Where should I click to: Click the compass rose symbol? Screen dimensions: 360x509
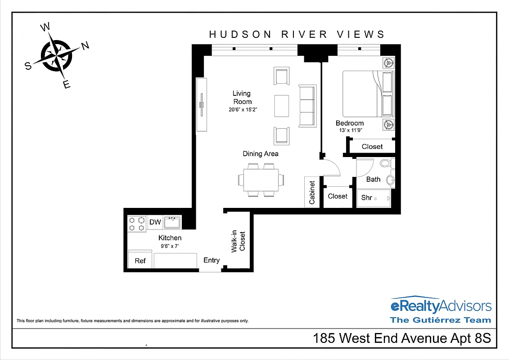(x=56, y=55)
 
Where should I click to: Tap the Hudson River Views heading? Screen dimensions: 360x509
(x=297, y=35)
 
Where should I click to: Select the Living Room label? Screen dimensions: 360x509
(x=242, y=97)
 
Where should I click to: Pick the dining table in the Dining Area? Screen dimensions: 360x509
(x=261, y=180)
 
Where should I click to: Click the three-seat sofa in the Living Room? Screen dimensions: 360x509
(x=307, y=106)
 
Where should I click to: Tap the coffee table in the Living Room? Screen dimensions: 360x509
(x=282, y=106)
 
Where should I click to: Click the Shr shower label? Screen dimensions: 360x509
(x=366, y=198)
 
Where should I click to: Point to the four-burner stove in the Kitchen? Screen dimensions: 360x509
(x=137, y=223)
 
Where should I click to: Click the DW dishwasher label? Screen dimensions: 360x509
(x=155, y=222)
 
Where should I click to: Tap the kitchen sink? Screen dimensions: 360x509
(x=172, y=222)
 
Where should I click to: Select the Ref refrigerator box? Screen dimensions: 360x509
(x=140, y=261)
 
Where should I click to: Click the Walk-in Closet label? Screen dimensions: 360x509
(x=238, y=242)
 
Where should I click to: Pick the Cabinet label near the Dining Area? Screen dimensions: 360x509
(x=312, y=193)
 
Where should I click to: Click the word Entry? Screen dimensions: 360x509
(x=212, y=260)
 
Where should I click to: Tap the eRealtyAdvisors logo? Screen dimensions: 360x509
(x=441, y=307)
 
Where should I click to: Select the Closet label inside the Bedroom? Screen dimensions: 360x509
(x=372, y=146)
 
